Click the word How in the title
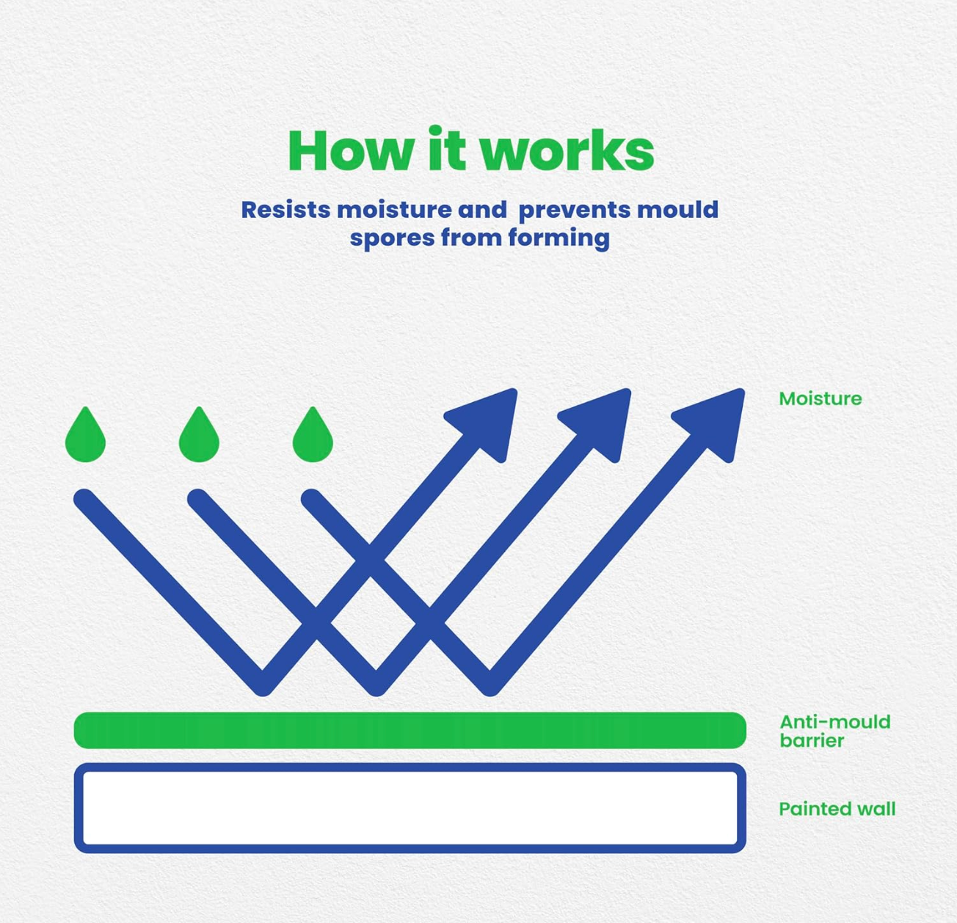tap(351, 150)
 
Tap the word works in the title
tap(567, 150)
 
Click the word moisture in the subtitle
tap(394, 210)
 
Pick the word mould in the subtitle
tap(677, 210)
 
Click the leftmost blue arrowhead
tap(487, 423)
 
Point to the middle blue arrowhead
tap(600, 423)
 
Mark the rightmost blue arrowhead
tap(714, 423)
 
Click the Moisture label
tap(820, 399)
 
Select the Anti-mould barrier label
tap(835, 732)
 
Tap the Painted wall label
tap(837, 809)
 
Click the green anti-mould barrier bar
tap(410, 730)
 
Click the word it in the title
tap(446, 148)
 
